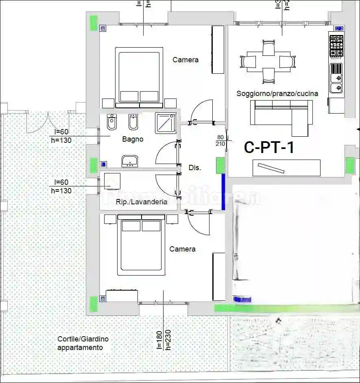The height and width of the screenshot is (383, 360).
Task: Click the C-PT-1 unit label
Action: pos(269,147)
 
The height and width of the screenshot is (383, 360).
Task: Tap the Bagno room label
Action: pos(133,139)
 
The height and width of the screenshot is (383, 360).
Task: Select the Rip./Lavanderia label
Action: pos(141,201)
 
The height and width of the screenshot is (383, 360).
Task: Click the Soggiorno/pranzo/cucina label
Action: pos(277,94)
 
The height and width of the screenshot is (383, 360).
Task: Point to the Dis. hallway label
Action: pos(195,167)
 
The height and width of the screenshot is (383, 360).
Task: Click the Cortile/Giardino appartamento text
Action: pos(83,343)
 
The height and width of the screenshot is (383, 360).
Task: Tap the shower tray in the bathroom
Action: pos(166,123)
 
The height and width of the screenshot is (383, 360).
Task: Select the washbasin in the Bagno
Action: pos(130,161)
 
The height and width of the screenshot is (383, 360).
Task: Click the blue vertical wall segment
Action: pos(223,192)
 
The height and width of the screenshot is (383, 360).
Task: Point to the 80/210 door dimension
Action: pos(220,140)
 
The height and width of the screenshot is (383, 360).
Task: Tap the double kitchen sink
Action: pos(336,82)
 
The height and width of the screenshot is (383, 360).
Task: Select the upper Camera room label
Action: pos(185,60)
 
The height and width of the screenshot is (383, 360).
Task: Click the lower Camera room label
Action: pos(182,249)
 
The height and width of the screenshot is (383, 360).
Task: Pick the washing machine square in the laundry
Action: pos(112,180)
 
